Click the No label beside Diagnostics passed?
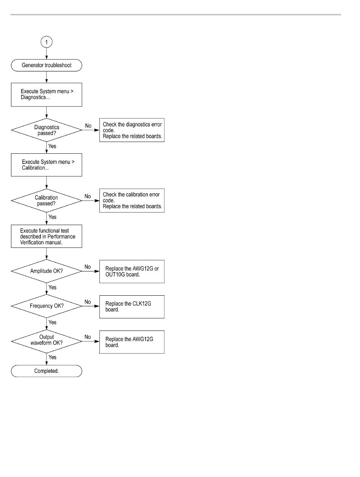click(x=88, y=126)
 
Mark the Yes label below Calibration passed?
click(x=52, y=217)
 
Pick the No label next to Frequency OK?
click(x=88, y=302)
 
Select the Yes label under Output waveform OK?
click(x=52, y=357)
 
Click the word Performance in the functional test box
click(x=61, y=237)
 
